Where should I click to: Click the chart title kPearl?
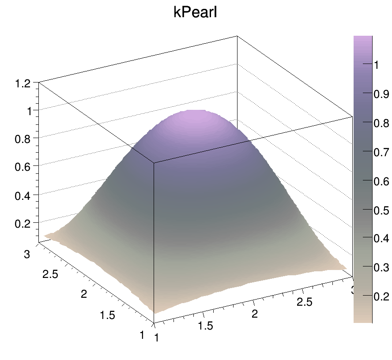coord(196,13)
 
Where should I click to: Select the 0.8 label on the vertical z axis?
coord(23,139)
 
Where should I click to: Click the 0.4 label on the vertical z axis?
coord(23,195)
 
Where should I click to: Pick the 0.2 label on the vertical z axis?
coord(23,224)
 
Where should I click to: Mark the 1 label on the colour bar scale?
coord(377,65)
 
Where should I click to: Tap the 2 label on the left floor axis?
coord(84,294)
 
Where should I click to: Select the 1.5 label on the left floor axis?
coord(107,315)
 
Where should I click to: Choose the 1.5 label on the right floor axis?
coord(205,326)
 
